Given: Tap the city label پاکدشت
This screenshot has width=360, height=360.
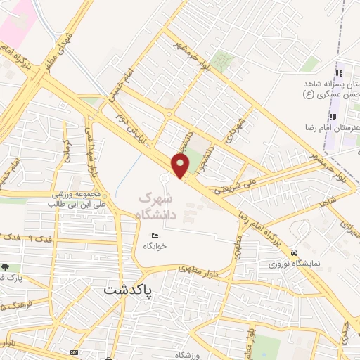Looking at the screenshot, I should click(x=131, y=288).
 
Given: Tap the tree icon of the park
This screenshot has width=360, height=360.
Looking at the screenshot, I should click(x=6, y=268).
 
